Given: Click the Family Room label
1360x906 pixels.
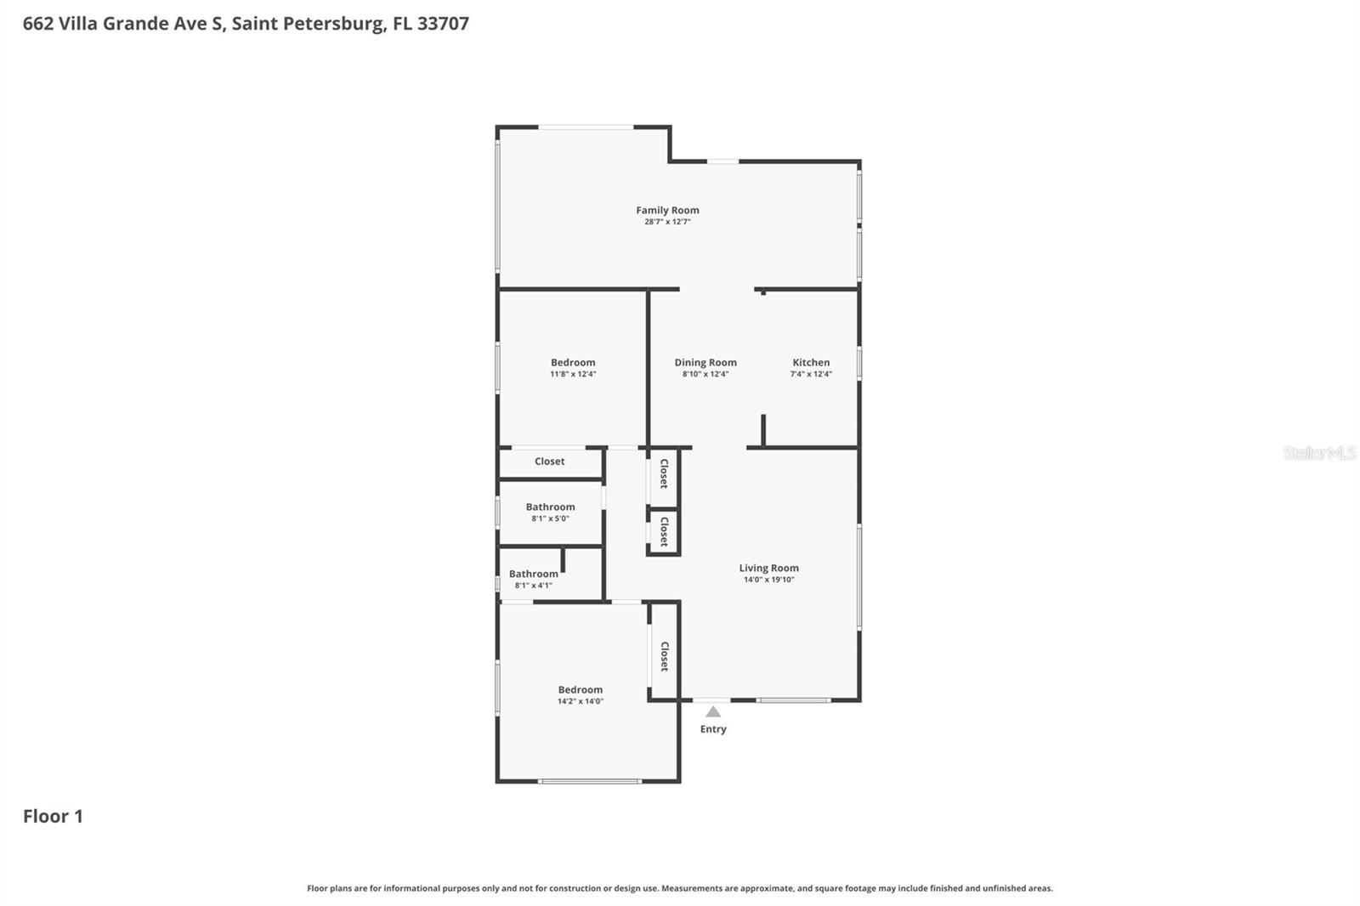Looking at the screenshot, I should (x=667, y=210).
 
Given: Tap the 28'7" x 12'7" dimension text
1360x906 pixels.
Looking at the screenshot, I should (x=667, y=222).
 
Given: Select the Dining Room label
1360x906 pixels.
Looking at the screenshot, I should (x=705, y=362).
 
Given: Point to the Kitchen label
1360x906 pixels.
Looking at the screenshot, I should (x=811, y=362).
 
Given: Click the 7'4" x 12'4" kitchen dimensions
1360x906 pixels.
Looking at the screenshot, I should (x=811, y=374).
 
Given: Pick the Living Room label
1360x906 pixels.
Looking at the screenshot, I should (x=768, y=568).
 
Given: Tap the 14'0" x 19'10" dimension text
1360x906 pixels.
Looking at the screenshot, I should (x=768, y=580).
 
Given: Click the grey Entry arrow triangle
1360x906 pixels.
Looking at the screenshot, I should (x=713, y=712).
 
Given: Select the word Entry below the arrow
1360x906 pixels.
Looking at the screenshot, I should (x=713, y=729).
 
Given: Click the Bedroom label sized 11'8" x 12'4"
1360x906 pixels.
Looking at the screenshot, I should (x=573, y=362).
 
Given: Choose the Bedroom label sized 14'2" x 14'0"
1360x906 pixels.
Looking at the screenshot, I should (x=581, y=689).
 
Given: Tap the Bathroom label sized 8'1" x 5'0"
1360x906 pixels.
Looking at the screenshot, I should (x=550, y=507).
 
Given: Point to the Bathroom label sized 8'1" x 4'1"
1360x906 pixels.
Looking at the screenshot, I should (x=533, y=574).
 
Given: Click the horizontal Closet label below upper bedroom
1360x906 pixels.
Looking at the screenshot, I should (x=549, y=461).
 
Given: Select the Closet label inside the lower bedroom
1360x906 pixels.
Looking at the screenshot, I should (x=665, y=656).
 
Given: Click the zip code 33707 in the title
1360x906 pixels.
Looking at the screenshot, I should (x=443, y=24).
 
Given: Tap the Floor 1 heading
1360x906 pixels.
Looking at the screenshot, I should (x=53, y=816).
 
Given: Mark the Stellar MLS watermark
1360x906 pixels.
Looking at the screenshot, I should (x=1319, y=453).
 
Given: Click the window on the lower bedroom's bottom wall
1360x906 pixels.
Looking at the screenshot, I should (x=590, y=781).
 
